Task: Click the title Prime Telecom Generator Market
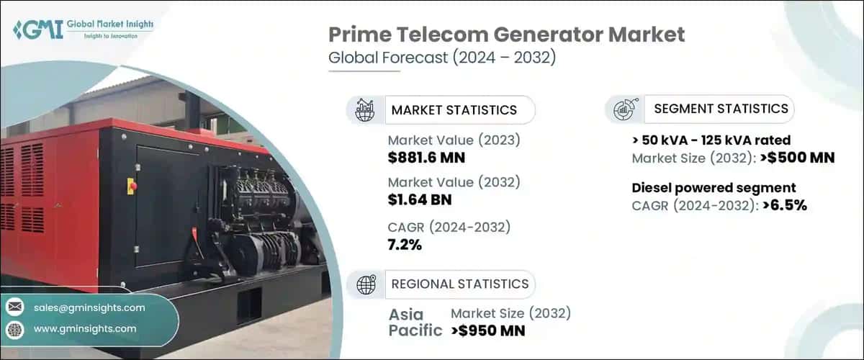[x=507, y=34]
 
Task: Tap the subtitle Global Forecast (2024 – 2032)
[x=442, y=59]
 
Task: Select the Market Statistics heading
[x=454, y=110]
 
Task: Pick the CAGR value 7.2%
[x=405, y=245]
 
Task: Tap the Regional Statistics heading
[x=459, y=284]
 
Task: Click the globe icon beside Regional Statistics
[x=366, y=284]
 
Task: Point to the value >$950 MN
[x=488, y=331]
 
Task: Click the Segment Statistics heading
[x=721, y=109]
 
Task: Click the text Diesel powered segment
[x=714, y=188]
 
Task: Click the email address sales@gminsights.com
[x=89, y=307]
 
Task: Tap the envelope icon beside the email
[x=14, y=307]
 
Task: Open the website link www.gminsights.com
[x=85, y=329]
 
